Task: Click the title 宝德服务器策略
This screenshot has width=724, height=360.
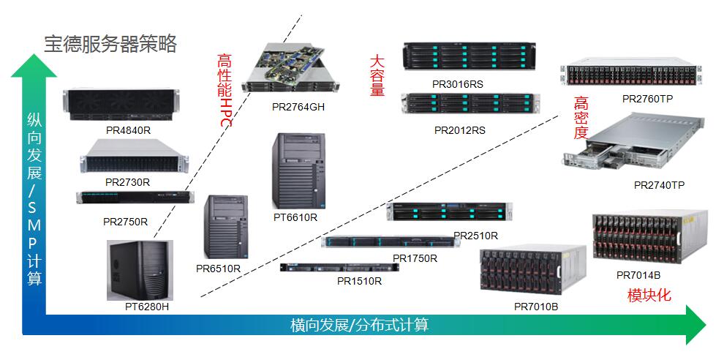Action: coord(110,44)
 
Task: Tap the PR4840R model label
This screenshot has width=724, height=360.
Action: coord(128,130)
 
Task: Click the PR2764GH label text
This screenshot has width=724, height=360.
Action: coord(298,107)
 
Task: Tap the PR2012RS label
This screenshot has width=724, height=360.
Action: coord(460,130)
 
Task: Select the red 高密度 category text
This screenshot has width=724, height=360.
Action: coord(581,117)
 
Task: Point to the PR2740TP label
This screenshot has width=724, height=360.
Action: coord(659,186)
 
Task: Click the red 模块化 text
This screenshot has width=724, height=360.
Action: coord(649,296)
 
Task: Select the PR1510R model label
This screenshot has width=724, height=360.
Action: coord(358,280)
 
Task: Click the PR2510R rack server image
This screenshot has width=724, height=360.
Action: coord(446,212)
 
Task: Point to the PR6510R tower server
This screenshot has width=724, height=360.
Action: coord(227,226)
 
